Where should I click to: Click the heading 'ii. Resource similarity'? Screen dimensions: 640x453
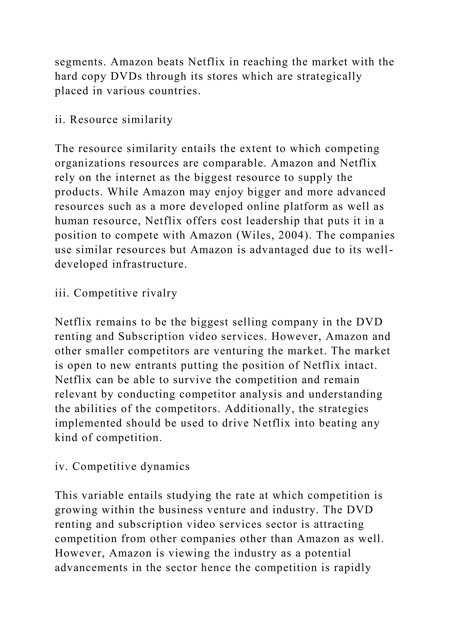click(x=113, y=120)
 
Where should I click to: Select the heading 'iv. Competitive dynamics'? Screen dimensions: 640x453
click(x=122, y=466)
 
